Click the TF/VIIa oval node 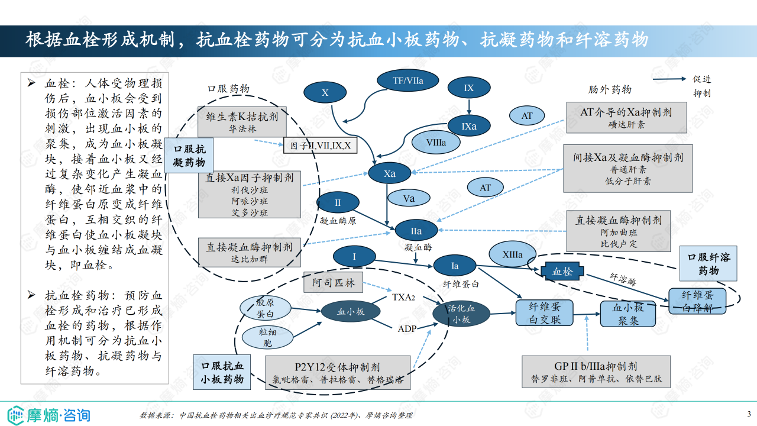click(408, 80)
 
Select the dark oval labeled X click(325, 93)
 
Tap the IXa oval click(469, 126)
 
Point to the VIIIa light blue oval click(436, 142)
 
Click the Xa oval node click(389, 173)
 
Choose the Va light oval click(409, 199)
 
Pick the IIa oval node click(416, 231)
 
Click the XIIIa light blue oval click(512, 255)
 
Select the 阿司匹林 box click(334, 283)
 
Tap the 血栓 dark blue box click(562, 272)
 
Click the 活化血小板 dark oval click(461, 314)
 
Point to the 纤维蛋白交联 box click(545, 312)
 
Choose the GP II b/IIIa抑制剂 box click(596, 372)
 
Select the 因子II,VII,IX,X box click(321, 145)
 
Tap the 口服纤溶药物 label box click(708, 263)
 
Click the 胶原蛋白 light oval click(265, 308)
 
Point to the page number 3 click(749, 414)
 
